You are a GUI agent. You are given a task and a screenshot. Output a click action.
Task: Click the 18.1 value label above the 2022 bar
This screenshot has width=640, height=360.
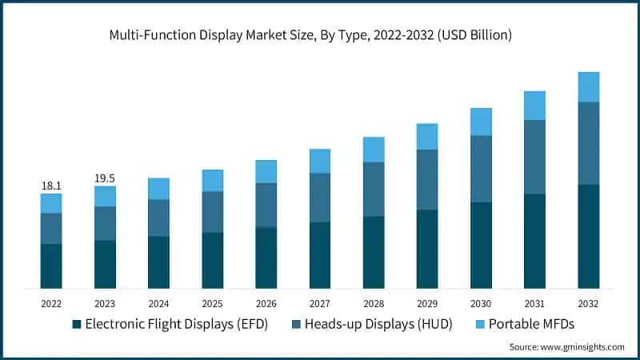51,186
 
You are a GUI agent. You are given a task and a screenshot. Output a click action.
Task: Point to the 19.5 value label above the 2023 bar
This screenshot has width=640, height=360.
105,178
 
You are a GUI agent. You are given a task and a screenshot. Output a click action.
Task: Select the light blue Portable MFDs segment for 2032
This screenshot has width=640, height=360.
589,86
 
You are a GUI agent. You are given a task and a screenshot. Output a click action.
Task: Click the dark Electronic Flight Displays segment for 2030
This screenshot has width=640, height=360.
481,245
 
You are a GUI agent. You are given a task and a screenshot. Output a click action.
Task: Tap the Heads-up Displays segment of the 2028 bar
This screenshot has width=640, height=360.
374,189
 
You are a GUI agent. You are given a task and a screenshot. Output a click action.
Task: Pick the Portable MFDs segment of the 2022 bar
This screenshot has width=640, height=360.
51,203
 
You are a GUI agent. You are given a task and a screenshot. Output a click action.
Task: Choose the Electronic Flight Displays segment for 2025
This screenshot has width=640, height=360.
212,260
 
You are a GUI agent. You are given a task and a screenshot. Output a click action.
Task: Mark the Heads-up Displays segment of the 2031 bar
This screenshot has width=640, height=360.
534,157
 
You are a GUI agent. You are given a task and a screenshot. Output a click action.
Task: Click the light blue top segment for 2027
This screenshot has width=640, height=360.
320,161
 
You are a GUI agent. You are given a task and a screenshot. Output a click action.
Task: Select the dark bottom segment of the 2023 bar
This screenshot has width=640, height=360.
105,264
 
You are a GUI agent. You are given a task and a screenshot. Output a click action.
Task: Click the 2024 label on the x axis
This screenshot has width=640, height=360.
158,304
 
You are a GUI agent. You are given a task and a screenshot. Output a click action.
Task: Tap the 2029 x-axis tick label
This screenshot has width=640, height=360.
427,304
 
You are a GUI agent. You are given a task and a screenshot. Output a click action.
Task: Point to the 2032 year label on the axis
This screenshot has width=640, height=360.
589,304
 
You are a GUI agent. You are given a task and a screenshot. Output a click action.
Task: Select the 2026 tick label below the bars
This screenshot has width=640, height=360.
266,304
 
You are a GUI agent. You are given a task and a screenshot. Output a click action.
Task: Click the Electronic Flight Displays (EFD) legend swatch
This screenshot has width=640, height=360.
77,324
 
